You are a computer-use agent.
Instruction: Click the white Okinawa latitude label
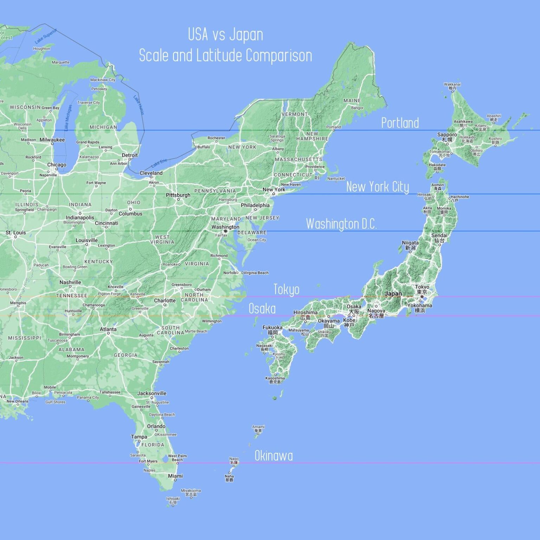coord(274,456)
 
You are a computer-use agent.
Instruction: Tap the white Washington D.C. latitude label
coord(341,224)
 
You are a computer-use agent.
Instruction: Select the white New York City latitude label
coord(378,187)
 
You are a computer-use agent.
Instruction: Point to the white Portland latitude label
coord(400,123)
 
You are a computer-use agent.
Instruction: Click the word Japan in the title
coord(246,34)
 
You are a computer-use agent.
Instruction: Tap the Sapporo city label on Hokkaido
coord(447,135)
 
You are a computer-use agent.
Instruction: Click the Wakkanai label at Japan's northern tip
coord(452,84)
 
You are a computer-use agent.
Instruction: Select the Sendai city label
coord(439,236)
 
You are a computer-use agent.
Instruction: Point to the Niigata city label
coord(410,243)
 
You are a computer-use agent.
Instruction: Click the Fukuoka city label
coord(272,328)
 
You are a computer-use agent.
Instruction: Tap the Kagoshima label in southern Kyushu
coord(275,379)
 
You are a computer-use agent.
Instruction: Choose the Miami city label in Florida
coord(175,476)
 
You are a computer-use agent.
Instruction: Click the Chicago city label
coord(57,165)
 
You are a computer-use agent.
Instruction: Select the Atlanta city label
coord(108,329)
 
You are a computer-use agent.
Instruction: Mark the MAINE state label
coord(352,101)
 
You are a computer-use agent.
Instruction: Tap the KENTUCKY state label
coord(98,262)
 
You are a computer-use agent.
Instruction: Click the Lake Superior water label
coord(46,36)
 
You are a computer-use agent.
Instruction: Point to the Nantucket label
coord(336,179)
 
